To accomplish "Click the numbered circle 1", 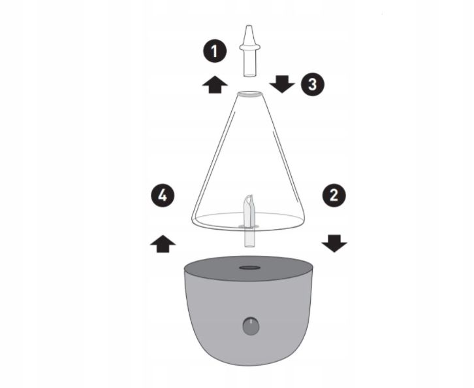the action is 215,51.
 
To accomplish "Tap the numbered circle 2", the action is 334,196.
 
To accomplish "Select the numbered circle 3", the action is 312,84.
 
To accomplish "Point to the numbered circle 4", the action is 163,196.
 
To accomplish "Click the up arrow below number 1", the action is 215,84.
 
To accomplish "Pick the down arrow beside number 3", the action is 282,84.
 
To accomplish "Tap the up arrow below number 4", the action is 163,244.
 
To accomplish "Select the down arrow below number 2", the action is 334,243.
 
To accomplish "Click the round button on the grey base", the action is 251,326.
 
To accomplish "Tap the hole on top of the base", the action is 249,268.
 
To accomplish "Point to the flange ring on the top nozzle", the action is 249,47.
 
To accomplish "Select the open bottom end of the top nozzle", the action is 249,75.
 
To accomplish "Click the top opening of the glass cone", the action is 249,94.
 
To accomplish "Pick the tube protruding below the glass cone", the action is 249,238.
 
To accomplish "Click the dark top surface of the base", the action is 249,267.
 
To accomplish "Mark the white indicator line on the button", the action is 251,321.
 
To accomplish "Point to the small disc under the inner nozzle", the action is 249,226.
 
